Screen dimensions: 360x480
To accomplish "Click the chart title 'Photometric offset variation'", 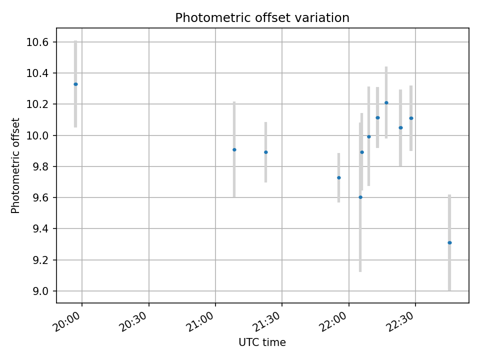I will coord(262,18).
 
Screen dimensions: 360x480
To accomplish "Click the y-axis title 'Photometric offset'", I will coord(15,165).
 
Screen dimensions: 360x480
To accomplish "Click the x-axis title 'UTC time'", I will coord(262,342).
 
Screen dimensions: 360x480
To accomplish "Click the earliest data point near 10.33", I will coord(75,84).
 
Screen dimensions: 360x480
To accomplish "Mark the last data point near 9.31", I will coord(449,242).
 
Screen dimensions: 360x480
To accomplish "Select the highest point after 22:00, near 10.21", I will coord(386,102).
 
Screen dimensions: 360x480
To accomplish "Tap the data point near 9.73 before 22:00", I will coord(338,177).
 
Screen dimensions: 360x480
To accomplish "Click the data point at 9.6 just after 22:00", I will coord(360,197).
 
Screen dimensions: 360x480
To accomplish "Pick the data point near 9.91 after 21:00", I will coord(234,149).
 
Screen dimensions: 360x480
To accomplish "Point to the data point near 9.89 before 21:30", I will coord(265,152).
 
